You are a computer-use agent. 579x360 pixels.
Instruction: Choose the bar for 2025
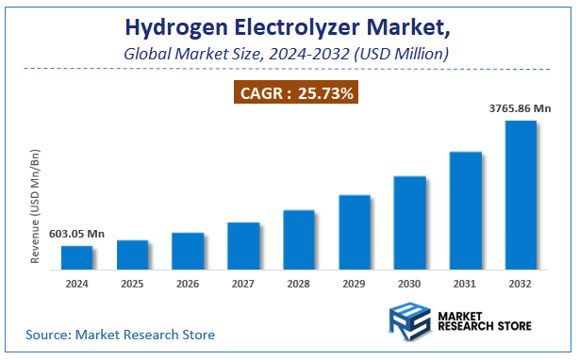point(133,255)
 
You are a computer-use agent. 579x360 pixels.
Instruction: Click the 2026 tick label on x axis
point(188,283)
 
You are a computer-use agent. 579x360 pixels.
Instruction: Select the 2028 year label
point(299,283)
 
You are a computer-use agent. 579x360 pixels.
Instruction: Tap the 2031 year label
point(466,283)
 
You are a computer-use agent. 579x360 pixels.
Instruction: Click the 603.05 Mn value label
point(77,234)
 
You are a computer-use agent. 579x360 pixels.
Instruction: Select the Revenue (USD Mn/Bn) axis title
point(35,205)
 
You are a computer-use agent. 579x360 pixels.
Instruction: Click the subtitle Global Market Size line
point(287,54)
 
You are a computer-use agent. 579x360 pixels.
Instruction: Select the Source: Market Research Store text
point(121,335)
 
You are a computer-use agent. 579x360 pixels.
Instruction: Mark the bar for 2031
point(466,211)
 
